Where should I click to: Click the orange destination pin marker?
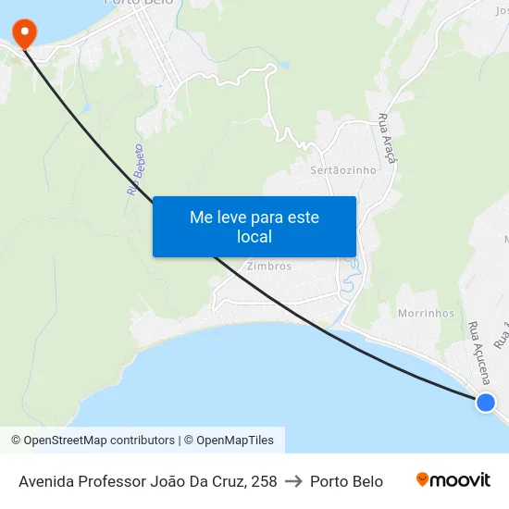(x=23, y=33)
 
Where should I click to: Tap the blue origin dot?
(x=485, y=402)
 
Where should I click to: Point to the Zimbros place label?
(x=269, y=267)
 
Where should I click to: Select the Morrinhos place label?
(x=426, y=313)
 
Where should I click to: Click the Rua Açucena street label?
(x=478, y=353)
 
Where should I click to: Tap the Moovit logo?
(x=453, y=480)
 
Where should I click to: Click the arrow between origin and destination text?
(x=293, y=481)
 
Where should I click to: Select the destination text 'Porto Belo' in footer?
(x=346, y=481)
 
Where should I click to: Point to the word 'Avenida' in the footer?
(x=47, y=481)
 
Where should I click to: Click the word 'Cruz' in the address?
(x=223, y=481)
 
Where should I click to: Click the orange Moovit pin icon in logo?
(x=423, y=480)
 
